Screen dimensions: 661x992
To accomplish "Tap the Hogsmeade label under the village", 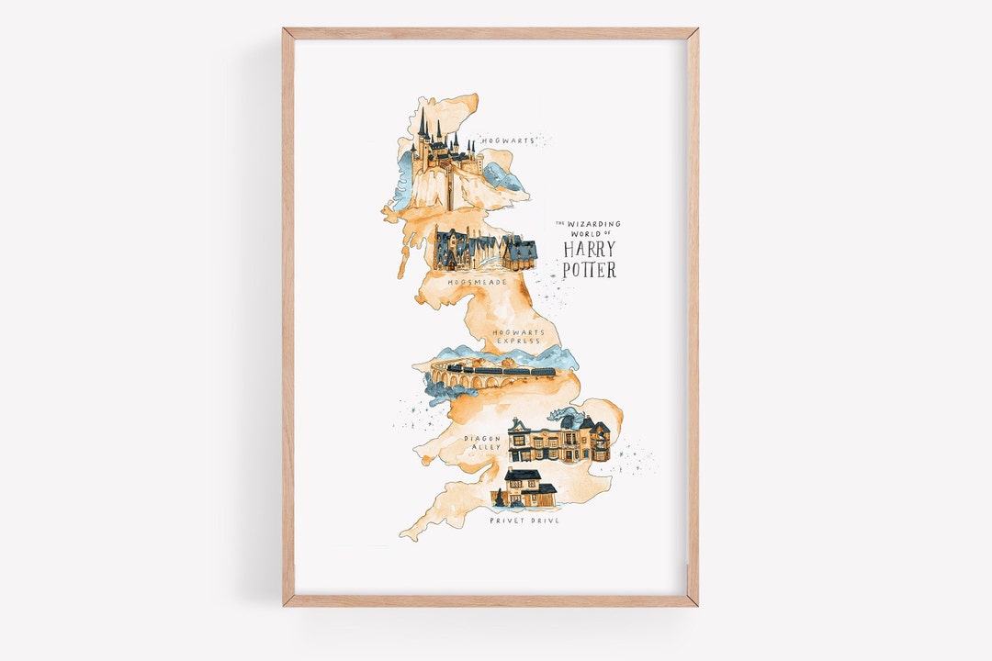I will pos(477,281).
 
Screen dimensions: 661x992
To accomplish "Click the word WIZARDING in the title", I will pos(596,224).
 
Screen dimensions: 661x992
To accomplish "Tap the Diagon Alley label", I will pos(482,443).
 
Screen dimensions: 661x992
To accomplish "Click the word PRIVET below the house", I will pos(505,521).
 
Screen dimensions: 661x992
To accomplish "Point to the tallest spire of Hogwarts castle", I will pos(423,124).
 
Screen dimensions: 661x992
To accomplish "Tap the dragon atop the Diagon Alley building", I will pos(558,415).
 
